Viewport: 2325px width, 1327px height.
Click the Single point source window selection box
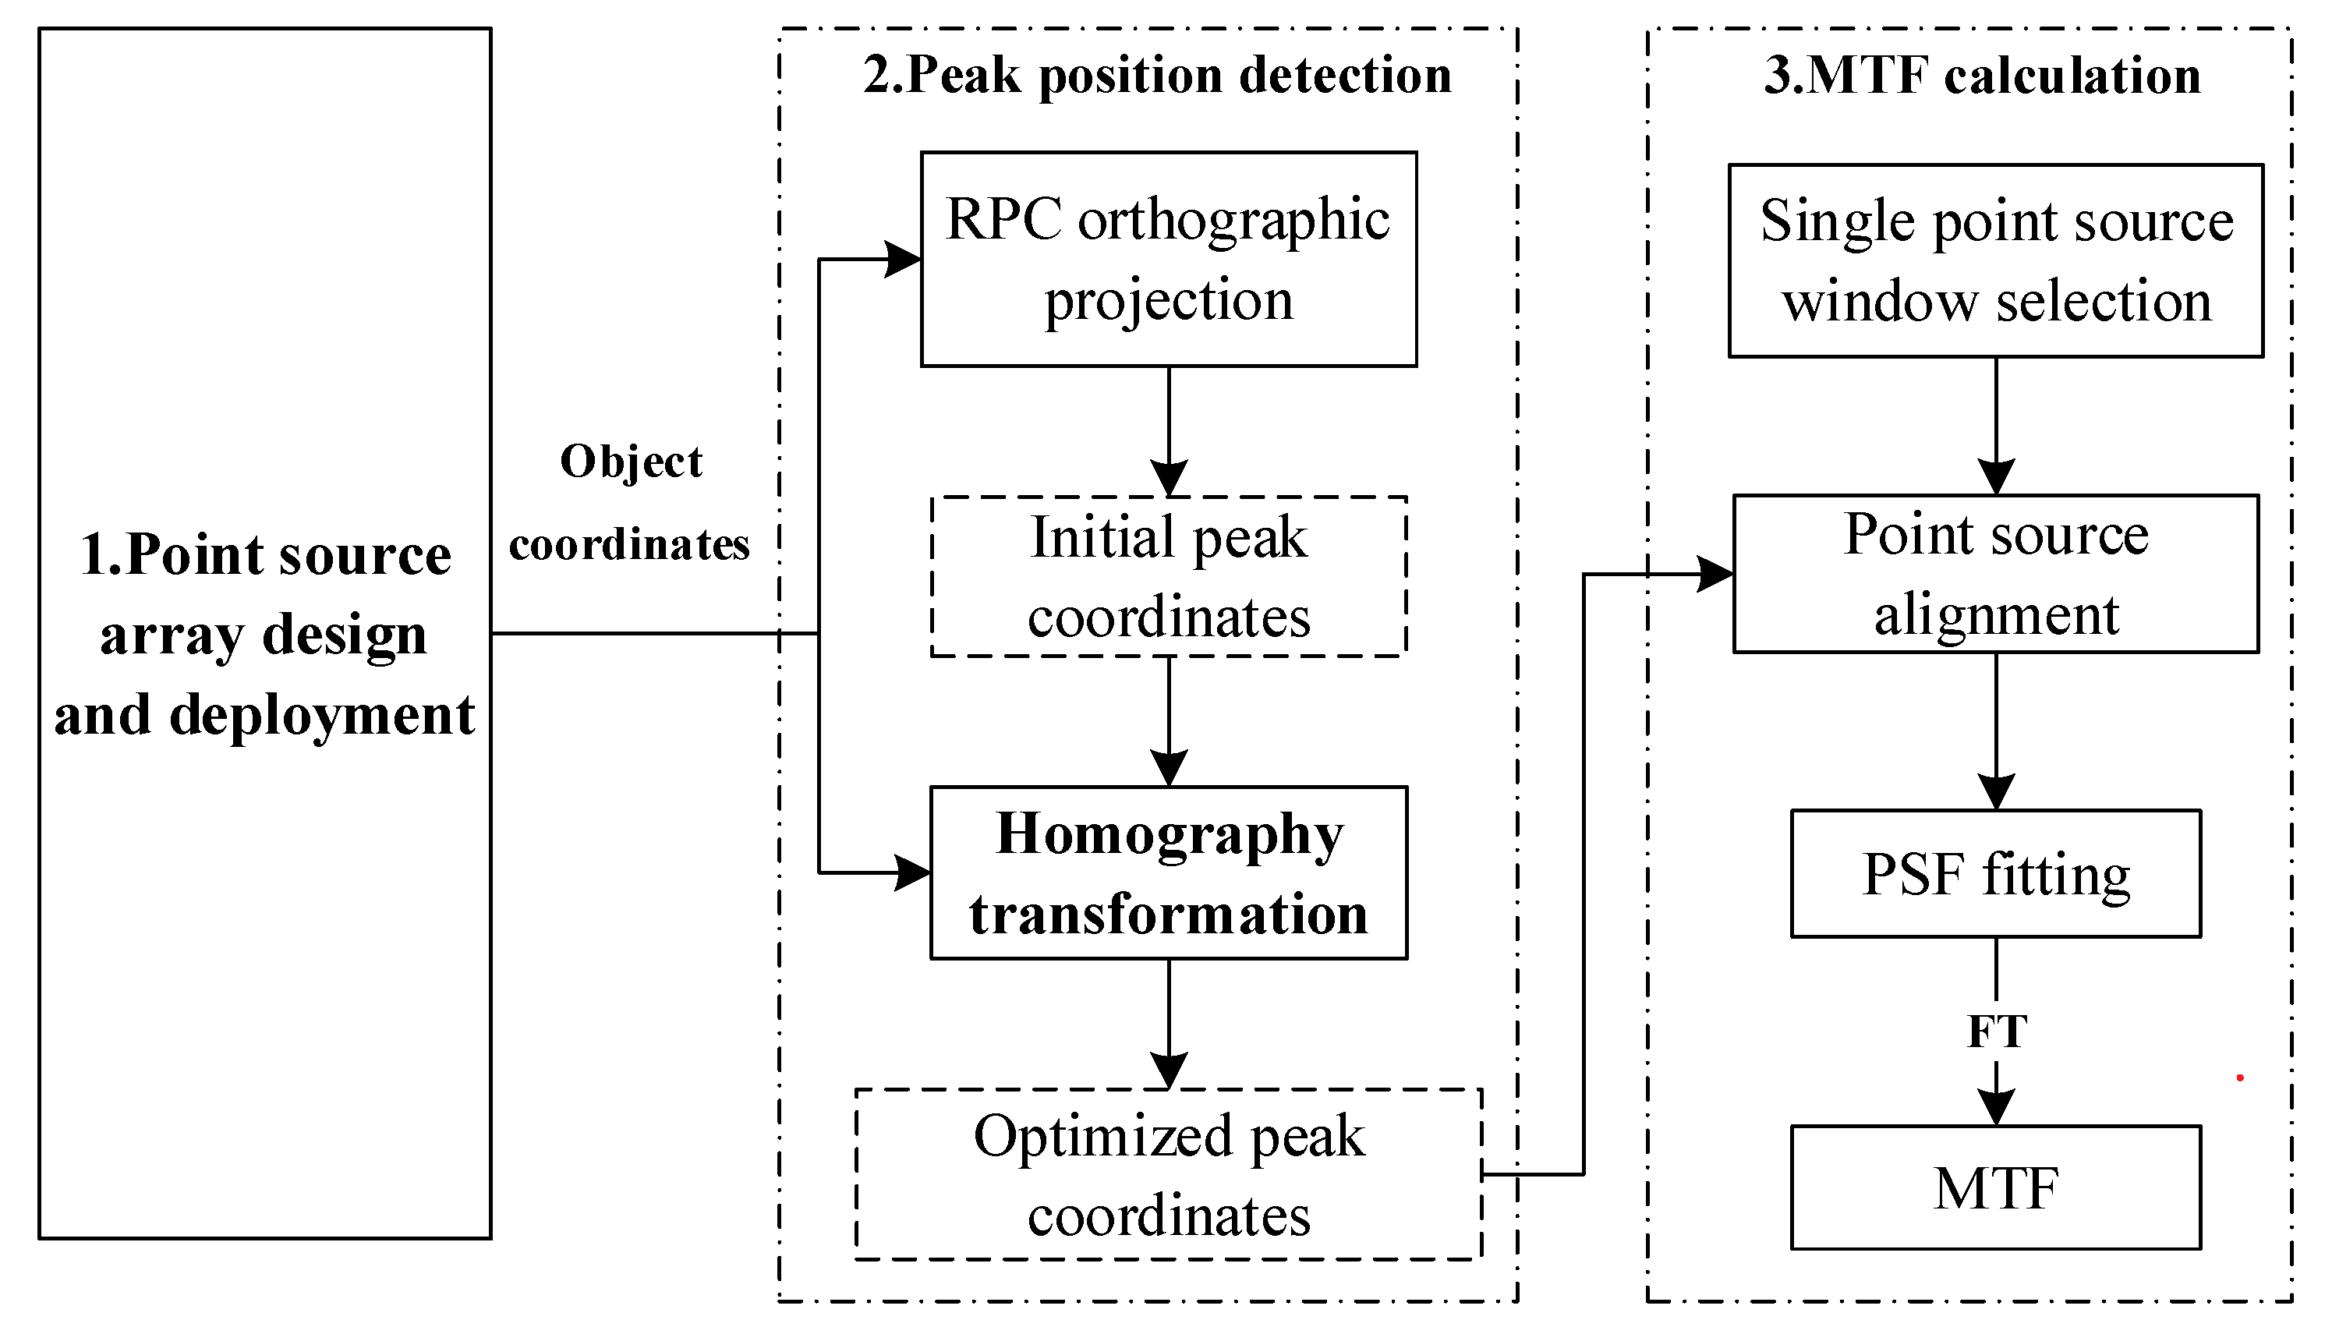(1995, 260)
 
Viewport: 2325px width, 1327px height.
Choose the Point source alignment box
(1995, 574)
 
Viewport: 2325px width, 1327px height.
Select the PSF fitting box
(1995, 874)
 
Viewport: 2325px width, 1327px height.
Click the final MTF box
(1995, 1187)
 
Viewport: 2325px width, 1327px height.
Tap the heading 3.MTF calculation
(1981, 75)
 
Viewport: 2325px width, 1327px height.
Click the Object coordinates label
(630, 503)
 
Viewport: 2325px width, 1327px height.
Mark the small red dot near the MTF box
(2239, 1078)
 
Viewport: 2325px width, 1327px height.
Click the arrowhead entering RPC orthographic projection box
(903, 260)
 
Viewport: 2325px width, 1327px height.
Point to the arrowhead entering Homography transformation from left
(912, 873)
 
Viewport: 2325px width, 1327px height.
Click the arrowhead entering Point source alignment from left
(1715, 574)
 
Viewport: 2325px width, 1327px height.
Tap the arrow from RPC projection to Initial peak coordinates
(1169, 428)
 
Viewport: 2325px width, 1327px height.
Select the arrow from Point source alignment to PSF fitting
(1996, 729)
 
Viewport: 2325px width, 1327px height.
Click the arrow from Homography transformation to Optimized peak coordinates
(1169, 1021)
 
